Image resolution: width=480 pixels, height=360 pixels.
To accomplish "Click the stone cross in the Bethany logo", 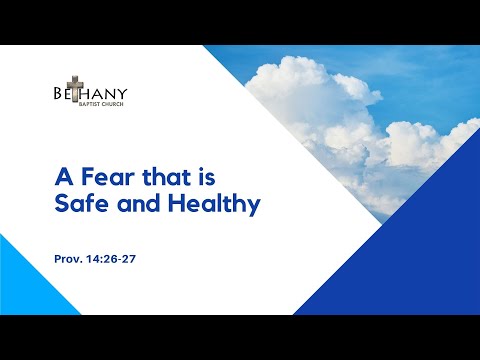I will (x=73, y=91).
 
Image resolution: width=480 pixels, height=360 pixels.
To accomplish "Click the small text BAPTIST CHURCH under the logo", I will (x=104, y=104).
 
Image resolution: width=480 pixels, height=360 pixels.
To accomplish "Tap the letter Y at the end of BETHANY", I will (x=123, y=93).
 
